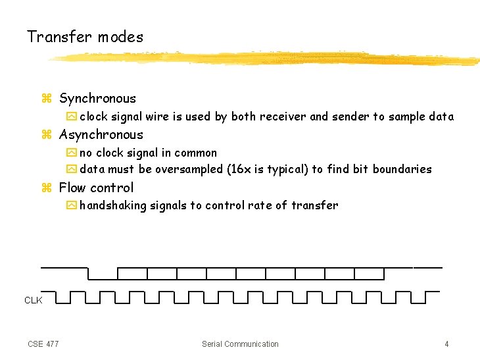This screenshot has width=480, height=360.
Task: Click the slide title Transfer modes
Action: (85, 37)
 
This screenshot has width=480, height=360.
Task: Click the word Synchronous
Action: (97, 99)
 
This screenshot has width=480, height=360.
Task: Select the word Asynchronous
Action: (101, 135)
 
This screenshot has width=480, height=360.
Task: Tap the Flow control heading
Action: (96, 188)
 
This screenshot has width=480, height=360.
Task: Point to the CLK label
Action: (33, 300)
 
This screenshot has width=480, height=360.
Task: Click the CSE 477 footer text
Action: (43, 344)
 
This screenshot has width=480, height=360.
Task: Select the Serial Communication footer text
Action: (240, 344)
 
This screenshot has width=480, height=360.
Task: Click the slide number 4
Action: (446, 344)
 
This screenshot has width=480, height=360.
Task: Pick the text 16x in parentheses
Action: (237, 169)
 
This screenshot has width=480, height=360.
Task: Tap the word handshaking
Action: (113, 205)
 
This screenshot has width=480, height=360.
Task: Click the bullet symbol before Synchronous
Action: (46, 99)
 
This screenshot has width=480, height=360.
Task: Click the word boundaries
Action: (402, 169)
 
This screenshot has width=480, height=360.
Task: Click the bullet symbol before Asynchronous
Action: (46, 136)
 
